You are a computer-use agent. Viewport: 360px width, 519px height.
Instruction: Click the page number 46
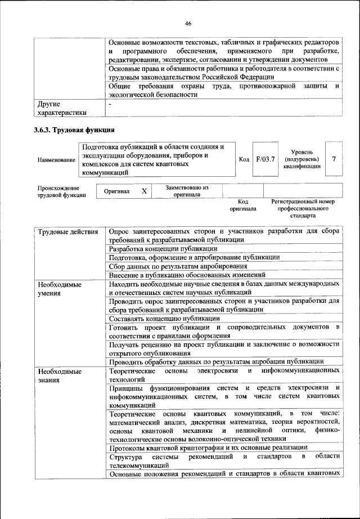(188, 23)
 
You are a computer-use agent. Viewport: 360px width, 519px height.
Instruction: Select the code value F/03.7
(265, 159)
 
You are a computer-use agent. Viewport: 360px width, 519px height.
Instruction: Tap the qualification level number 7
(334, 159)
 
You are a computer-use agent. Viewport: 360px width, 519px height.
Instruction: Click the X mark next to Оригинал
(144, 191)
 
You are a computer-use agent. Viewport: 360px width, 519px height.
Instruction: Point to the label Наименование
(56, 160)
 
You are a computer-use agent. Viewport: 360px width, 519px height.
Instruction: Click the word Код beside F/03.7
(244, 159)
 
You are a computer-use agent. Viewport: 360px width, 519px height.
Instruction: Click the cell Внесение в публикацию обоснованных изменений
(187, 275)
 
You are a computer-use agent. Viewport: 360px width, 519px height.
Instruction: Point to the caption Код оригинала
(243, 205)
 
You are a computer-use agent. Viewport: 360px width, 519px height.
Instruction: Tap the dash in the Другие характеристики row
(111, 104)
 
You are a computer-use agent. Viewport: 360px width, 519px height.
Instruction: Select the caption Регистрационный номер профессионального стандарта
(303, 208)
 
